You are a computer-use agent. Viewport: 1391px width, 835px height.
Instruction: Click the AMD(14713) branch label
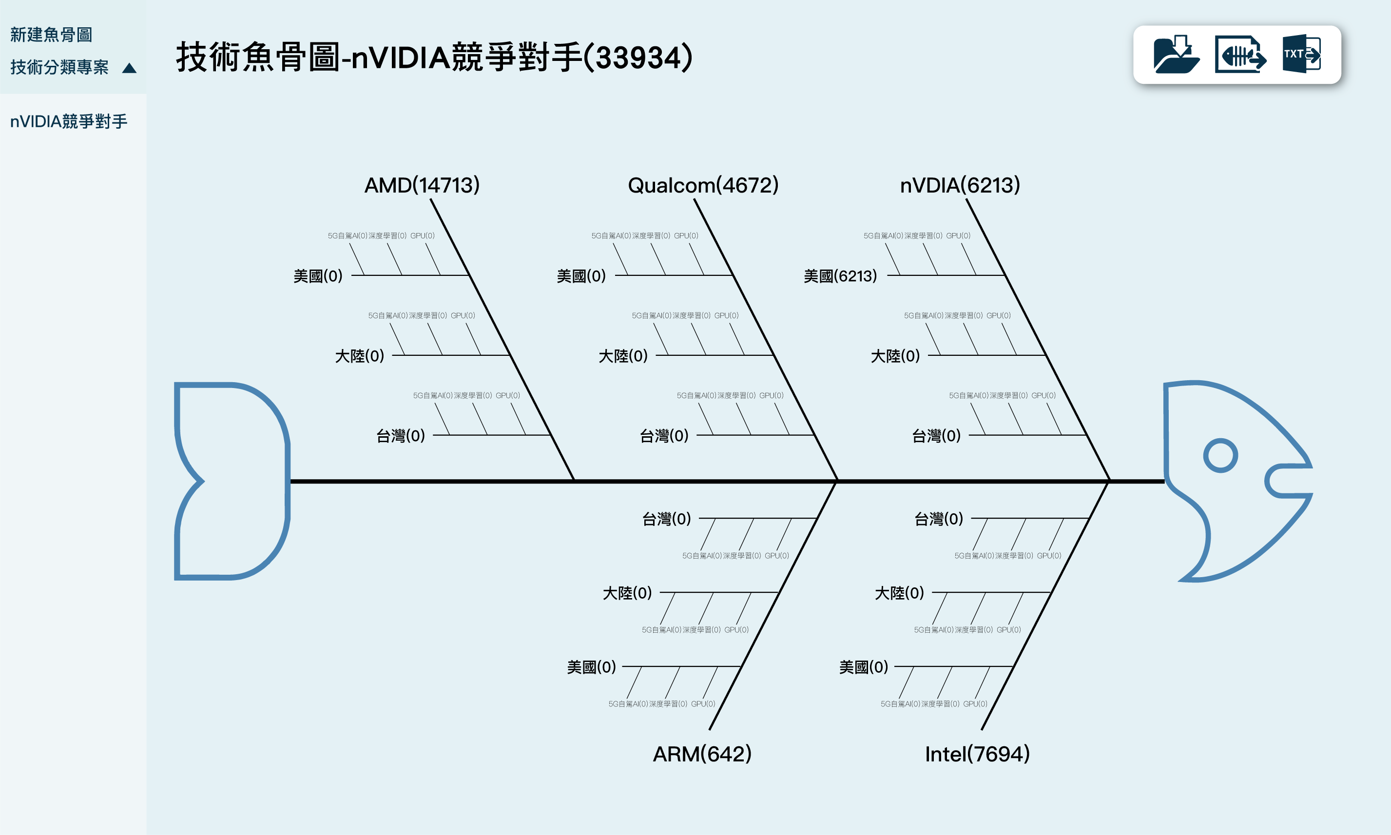(422, 185)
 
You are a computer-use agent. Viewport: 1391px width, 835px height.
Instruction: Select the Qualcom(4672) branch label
(703, 185)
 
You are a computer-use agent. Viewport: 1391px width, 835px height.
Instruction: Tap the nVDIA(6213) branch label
(960, 185)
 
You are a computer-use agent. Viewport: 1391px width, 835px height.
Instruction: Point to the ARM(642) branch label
(702, 754)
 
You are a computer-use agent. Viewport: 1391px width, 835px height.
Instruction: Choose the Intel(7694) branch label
(977, 754)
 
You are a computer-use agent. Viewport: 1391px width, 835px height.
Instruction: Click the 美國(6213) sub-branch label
(840, 276)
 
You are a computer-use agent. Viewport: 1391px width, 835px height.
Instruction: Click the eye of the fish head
(1220, 455)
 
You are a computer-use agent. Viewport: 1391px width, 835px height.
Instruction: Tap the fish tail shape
(231, 481)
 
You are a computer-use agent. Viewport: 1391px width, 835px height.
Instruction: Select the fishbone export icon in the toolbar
(1240, 54)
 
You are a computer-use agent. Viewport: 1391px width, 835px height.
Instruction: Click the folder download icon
(1176, 54)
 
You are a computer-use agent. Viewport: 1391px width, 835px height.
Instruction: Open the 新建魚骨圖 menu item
(51, 35)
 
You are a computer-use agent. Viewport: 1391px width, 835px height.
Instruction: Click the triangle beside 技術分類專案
(129, 68)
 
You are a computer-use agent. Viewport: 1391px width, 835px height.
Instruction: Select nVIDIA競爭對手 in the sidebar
(69, 121)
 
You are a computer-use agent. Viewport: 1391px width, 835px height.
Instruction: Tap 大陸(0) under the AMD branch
(359, 356)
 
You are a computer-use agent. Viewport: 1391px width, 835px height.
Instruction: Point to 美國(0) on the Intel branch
(863, 667)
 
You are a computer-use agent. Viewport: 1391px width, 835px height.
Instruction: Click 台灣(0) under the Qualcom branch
(664, 435)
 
